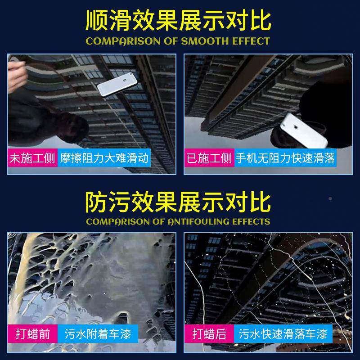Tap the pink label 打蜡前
point(32,334)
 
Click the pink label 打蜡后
point(209,334)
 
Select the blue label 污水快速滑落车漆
point(283,334)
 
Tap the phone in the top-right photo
point(298,130)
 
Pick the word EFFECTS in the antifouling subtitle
point(252,221)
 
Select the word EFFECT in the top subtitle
point(251,41)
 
